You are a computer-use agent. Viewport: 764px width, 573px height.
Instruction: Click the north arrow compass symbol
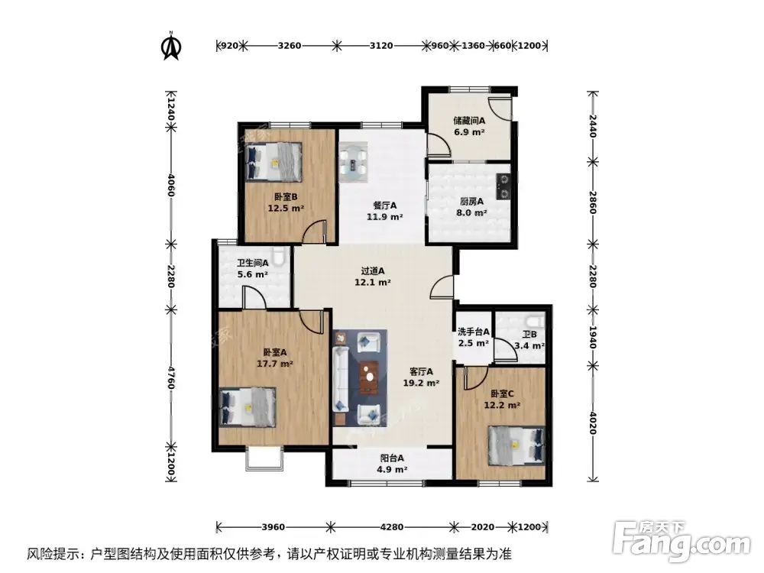pos(171,46)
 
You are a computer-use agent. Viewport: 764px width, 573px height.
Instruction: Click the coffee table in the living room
pos(371,375)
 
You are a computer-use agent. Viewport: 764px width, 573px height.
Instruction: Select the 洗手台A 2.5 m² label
pos(473,338)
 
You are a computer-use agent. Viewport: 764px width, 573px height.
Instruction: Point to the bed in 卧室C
pos(516,444)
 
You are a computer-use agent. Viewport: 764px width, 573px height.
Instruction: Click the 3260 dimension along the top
pos(290,46)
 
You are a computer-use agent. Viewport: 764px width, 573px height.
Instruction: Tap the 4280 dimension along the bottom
pos(391,527)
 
